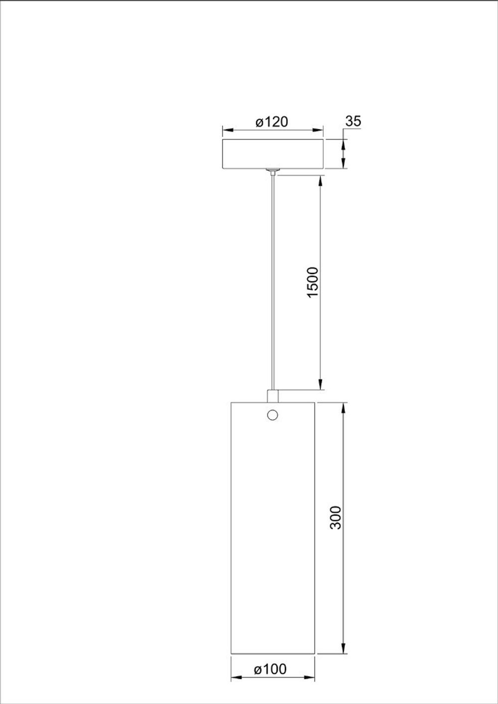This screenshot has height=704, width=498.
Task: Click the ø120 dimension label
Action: pyautogui.click(x=272, y=122)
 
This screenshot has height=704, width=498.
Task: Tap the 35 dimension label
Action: pyautogui.click(x=353, y=121)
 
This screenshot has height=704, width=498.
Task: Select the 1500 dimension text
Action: pyautogui.click(x=312, y=282)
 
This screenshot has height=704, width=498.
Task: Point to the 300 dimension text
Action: pyautogui.click(x=336, y=517)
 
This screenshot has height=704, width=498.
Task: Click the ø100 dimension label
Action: pyautogui.click(x=270, y=670)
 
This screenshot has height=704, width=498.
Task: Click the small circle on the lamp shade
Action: pyautogui.click(x=272, y=414)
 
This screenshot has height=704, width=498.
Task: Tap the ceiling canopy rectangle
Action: pyautogui.click(x=272, y=154)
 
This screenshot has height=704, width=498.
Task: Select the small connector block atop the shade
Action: pyautogui.click(x=273, y=396)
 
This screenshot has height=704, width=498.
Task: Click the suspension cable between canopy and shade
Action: pyautogui.click(x=272, y=279)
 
